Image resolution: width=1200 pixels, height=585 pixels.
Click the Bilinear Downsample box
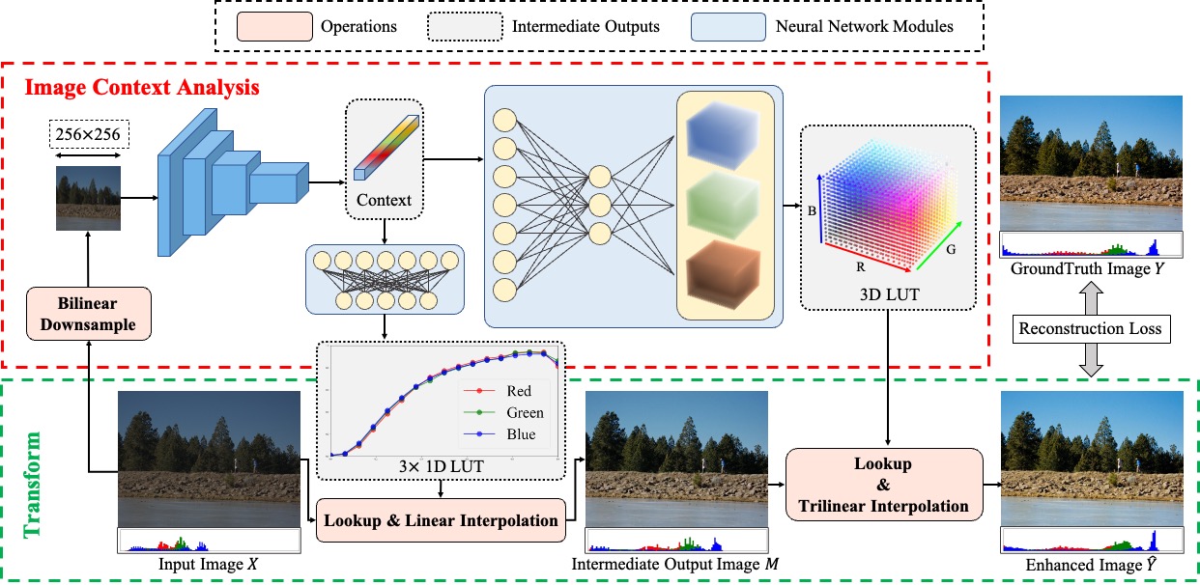coord(87,312)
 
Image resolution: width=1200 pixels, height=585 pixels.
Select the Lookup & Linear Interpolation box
coord(441,521)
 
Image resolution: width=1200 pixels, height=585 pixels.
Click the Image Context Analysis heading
coord(142,87)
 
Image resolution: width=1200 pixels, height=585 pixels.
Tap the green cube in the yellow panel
coord(726,204)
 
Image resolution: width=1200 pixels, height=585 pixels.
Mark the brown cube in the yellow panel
coord(726,271)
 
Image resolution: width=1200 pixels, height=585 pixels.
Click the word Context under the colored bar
coord(384,201)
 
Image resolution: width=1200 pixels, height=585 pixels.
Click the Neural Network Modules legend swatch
coord(731,26)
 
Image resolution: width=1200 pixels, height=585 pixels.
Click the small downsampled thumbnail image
coord(87,198)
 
